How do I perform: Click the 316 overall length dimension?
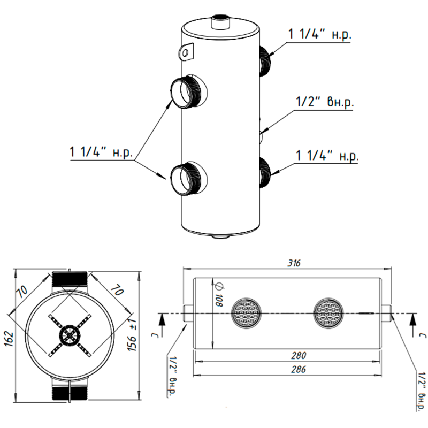click(x=294, y=263)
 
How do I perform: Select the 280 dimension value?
click(x=299, y=355)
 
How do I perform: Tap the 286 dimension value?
click(x=299, y=369)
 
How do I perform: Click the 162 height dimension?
click(x=9, y=339)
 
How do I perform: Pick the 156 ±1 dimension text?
click(x=132, y=335)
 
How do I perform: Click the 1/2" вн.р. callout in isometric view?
click(x=325, y=102)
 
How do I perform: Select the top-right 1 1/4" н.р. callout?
click(x=319, y=34)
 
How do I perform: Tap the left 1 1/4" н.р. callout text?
click(x=101, y=152)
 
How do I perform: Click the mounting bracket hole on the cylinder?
click(x=186, y=52)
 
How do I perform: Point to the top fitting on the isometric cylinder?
click(x=221, y=22)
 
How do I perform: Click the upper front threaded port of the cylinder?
click(x=189, y=91)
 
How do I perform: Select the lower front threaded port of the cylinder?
click(x=189, y=178)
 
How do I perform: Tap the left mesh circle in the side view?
click(x=246, y=313)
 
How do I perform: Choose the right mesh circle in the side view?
click(x=328, y=313)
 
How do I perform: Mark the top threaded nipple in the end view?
click(x=70, y=279)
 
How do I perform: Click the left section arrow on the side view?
click(x=162, y=325)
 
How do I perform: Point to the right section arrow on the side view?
click(x=413, y=325)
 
